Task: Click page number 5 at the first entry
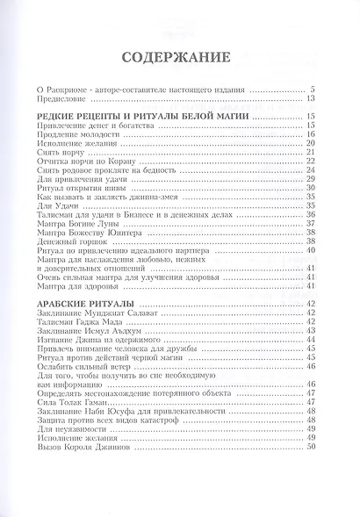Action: click(312, 88)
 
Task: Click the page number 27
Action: click(310, 171)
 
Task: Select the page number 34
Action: click(310, 197)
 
